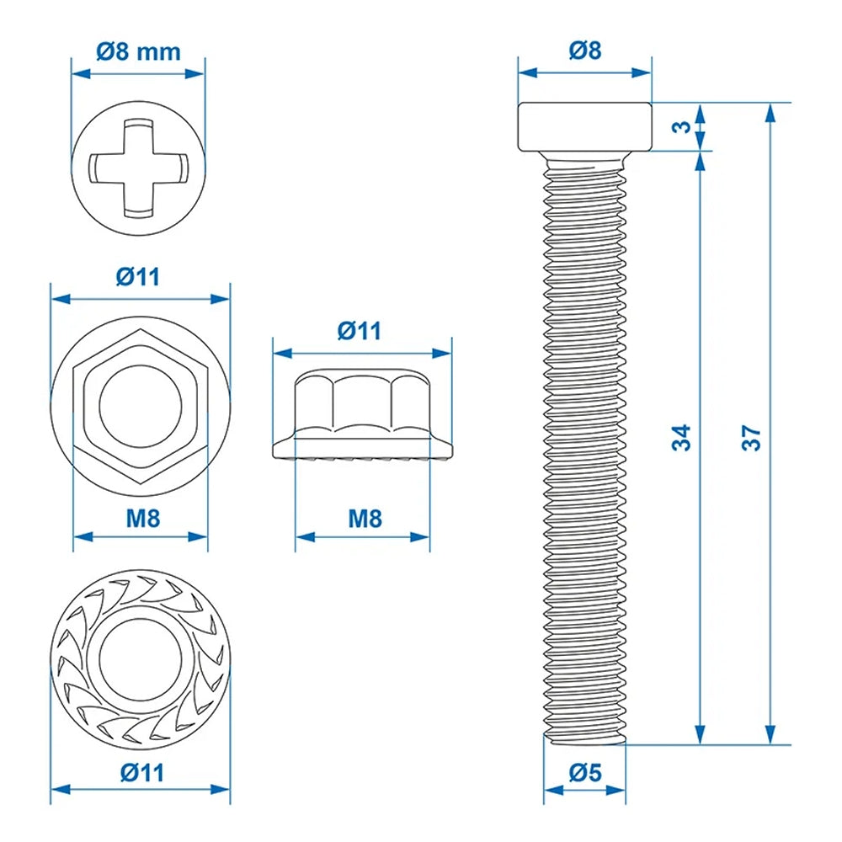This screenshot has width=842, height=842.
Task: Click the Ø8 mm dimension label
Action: [x=138, y=51]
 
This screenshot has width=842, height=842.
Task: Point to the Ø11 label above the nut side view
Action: [x=360, y=331]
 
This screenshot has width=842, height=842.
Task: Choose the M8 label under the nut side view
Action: [x=364, y=518]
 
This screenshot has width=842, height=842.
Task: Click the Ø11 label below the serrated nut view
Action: [x=141, y=770]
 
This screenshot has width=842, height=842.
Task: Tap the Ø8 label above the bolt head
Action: [x=584, y=51]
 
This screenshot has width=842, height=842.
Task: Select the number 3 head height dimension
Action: [x=683, y=127]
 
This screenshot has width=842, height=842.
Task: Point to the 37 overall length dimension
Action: [x=752, y=437]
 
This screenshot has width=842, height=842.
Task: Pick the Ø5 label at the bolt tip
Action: [x=584, y=771]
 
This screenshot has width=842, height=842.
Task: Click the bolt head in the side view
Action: [x=584, y=126]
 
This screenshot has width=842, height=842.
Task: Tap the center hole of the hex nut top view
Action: [x=141, y=407]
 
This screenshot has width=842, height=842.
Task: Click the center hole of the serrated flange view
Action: [x=141, y=655]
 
